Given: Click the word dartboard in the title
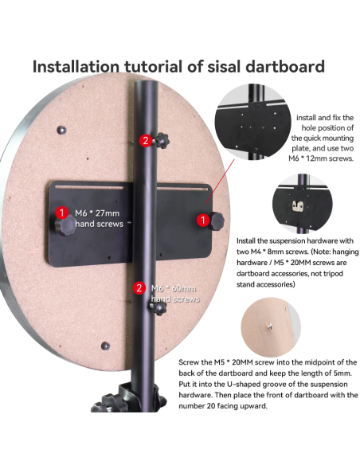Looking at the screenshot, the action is click(x=285, y=66).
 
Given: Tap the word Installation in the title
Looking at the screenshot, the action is click(x=76, y=66).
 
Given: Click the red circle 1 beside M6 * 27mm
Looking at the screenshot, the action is click(x=62, y=213).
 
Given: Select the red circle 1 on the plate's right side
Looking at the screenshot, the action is click(x=203, y=220).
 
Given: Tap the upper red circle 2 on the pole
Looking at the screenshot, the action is click(x=146, y=140).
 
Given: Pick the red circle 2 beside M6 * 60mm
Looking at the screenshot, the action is click(x=139, y=287).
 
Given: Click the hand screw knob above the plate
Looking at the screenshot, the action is click(x=162, y=141).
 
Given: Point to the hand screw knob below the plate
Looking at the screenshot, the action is click(x=159, y=308).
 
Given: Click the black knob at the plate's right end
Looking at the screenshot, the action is click(x=217, y=221).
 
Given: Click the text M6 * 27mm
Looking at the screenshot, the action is click(x=97, y=213).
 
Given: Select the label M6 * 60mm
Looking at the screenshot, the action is click(x=174, y=288).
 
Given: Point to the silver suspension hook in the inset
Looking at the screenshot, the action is click(x=298, y=205).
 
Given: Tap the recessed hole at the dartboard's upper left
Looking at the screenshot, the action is click(x=61, y=130).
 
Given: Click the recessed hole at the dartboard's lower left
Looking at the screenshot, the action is click(x=105, y=346).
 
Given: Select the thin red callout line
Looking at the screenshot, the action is click(x=220, y=182).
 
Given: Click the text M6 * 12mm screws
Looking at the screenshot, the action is click(x=321, y=158).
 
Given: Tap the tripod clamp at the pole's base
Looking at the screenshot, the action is click(x=127, y=398).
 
